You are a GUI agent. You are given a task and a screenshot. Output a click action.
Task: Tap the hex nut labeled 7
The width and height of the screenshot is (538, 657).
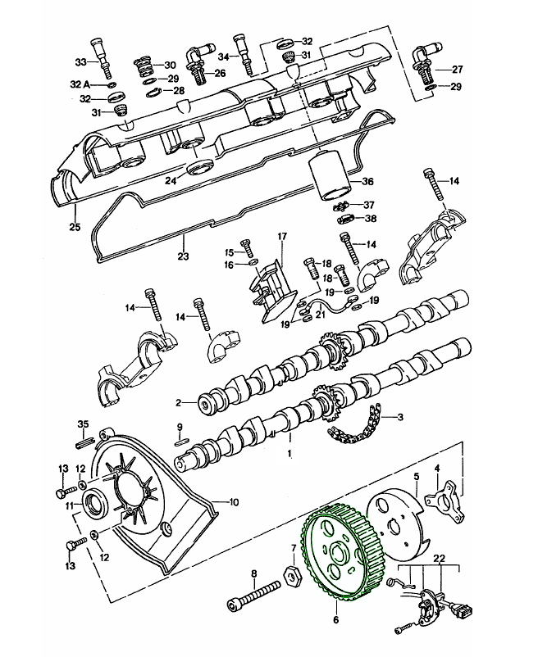pos(292,576)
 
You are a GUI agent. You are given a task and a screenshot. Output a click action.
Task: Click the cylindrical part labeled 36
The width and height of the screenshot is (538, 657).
pos(330,178)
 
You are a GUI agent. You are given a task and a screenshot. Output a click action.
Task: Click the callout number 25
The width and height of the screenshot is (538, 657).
pos(75,227)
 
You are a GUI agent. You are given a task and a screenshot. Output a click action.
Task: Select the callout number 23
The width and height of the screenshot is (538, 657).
pos(183,256)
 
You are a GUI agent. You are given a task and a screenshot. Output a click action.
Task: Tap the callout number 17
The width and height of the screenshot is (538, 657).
pos(282,236)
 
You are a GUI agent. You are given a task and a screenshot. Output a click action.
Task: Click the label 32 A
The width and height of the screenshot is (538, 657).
pos(80,84)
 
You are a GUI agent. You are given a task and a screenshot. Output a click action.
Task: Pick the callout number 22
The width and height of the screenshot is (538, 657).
pos(440,558)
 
